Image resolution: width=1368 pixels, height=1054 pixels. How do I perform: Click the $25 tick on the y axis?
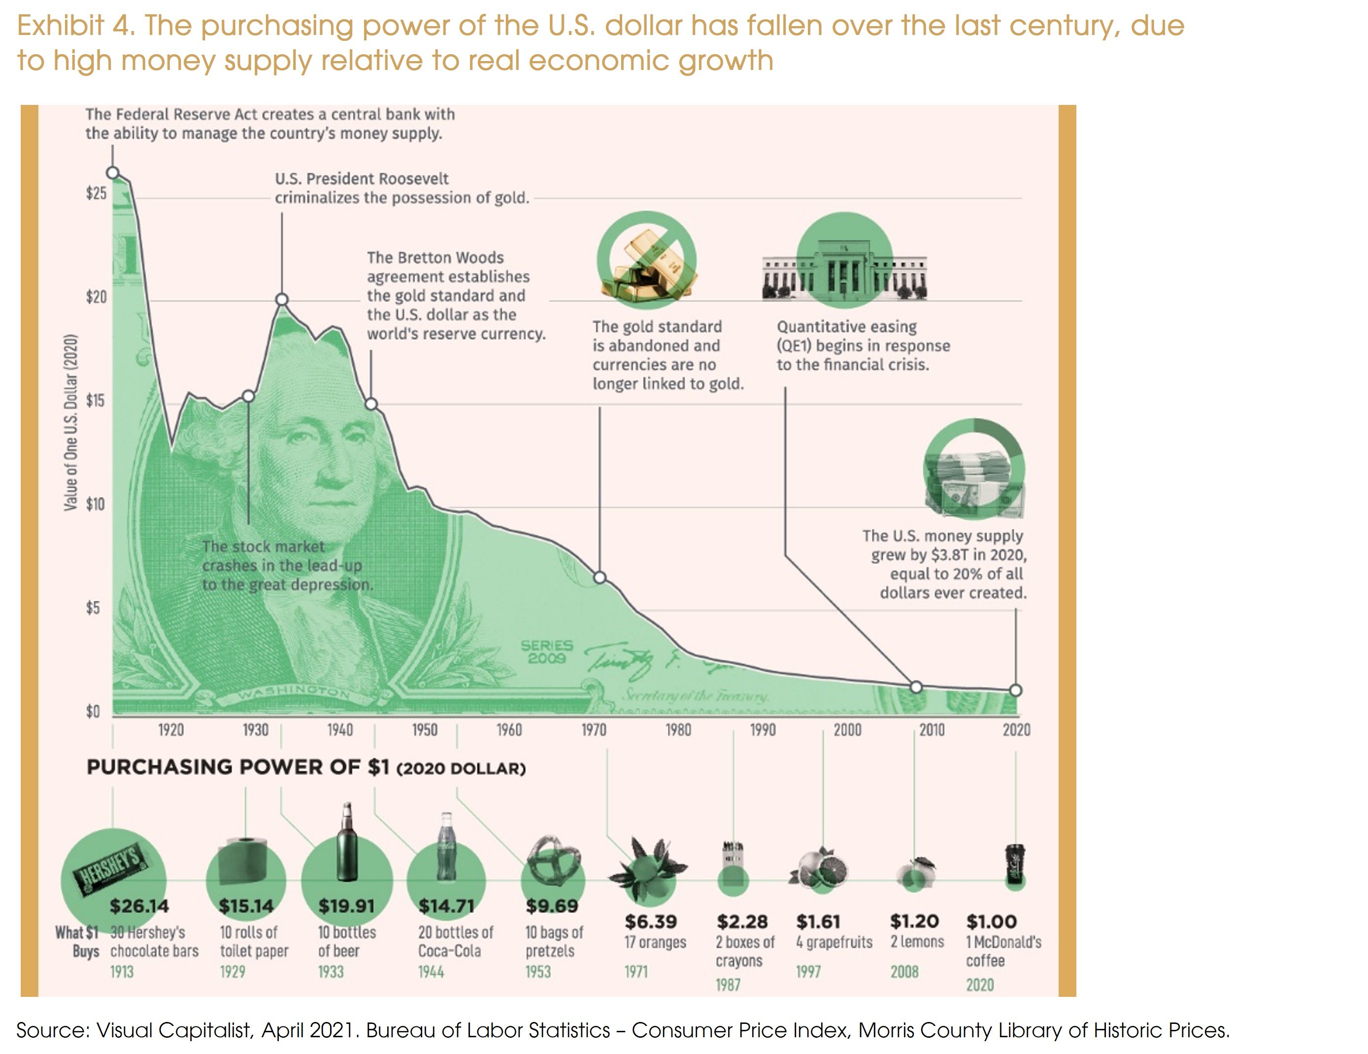tap(96, 194)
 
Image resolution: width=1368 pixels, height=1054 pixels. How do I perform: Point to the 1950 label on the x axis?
tap(425, 729)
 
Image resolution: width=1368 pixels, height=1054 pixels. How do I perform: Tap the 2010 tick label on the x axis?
tap(932, 729)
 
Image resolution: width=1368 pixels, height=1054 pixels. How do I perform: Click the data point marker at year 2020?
tap(1015, 690)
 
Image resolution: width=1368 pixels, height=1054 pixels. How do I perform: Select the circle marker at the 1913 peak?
tap(113, 173)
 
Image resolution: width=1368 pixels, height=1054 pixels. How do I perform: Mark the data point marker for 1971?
tap(600, 577)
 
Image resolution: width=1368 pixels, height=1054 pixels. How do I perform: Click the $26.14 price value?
tap(139, 906)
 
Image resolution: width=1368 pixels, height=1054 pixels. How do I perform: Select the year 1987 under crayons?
tap(728, 985)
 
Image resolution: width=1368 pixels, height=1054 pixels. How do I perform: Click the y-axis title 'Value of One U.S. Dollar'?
tap(71, 423)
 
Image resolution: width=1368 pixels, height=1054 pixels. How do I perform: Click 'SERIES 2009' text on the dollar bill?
tap(547, 651)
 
